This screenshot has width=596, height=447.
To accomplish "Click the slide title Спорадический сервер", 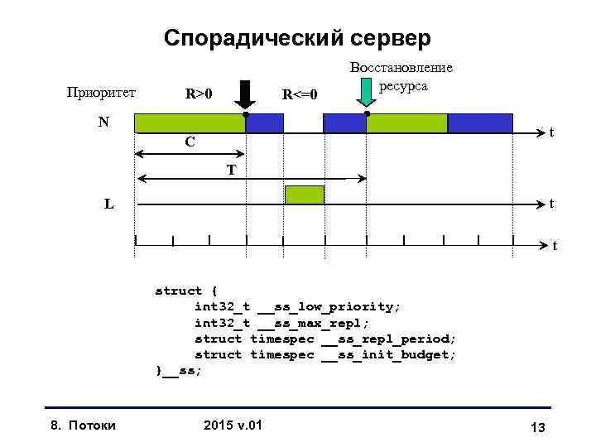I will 297,38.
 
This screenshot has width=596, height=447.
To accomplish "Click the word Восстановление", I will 401,70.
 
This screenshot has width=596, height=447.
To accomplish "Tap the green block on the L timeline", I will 305,195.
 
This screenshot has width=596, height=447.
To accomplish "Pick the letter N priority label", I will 103,123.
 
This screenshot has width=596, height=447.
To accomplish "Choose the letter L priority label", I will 109,204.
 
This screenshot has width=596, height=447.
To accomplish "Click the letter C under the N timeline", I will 190,142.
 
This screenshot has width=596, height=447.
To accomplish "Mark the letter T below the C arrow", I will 232,171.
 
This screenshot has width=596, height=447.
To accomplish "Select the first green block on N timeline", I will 190,123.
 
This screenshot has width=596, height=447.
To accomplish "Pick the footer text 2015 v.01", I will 232,425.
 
